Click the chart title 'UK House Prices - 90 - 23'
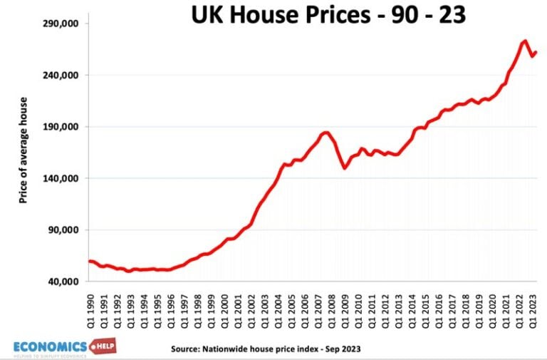pyautogui.click(x=328, y=14)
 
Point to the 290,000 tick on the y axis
pyautogui.click(x=61, y=24)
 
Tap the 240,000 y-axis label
pyautogui.click(x=61, y=75)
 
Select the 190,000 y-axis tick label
pyautogui.click(x=61, y=127)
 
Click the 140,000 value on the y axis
pyautogui.click(x=61, y=178)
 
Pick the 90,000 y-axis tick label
pyautogui.click(x=63, y=230)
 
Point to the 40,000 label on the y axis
pyautogui.click(x=63, y=282)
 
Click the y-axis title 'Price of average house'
pyautogui.click(x=23, y=150)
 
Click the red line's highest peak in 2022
pyautogui.click(x=524, y=41)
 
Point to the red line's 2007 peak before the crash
pyautogui.click(x=325, y=132)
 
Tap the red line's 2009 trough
pyautogui.click(x=345, y=168)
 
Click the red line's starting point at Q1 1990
pyautogui.click(x=89, y=261)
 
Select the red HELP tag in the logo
pyautogui.click(x=103, y=346)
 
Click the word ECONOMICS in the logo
pyautogui.click(x=50, y=346)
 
